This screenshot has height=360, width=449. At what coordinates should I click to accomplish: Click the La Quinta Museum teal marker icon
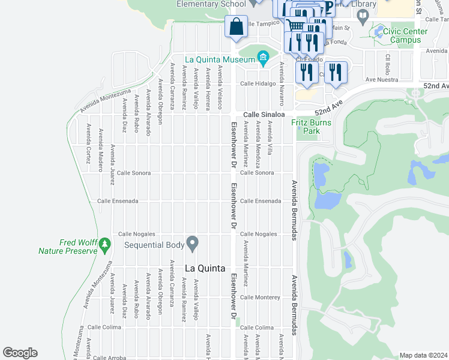coord(263,58)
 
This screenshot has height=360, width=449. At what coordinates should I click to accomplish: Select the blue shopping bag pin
coord(237,27)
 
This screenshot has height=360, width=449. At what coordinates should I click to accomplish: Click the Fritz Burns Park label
coord(311,127)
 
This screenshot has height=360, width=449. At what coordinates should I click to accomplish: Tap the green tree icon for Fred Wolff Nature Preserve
coord(105,244)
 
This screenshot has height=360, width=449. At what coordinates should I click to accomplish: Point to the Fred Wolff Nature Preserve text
coord(68,247)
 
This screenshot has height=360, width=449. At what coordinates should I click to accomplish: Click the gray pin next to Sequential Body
coord(193,244)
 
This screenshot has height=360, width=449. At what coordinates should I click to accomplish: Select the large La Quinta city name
coord(205,268)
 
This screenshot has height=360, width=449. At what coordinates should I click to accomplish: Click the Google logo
coord(20,353)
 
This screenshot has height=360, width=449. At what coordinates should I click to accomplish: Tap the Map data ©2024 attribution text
coord(423,355)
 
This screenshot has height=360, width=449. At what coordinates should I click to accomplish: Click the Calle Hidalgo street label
coord(258,84)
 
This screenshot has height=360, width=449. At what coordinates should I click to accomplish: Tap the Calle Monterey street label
coord(260,297)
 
